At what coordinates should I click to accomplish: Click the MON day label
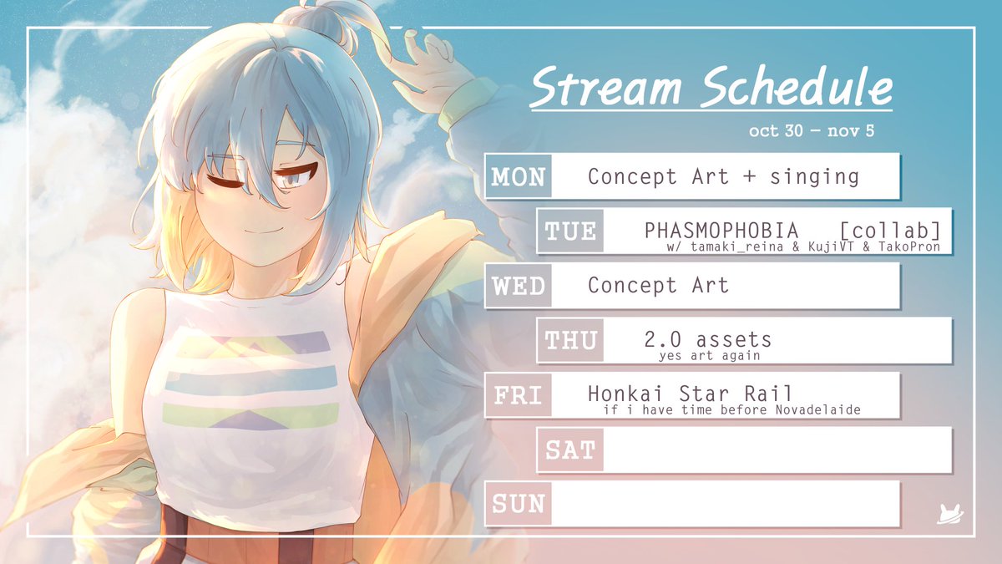pyautogui.click(x=518, y=176)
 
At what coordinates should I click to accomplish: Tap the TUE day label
pyautogui.click(x=570, y=231)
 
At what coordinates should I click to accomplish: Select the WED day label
pyautogui.click(x=518, y=286)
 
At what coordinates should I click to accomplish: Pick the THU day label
pyautogui.click(x=570, y=340)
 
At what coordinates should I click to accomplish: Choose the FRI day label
pyautogui.click(x=518, y=394)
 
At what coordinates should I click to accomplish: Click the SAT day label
pyautogui.click(x=570, y=450)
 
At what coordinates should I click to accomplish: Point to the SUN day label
pyautogui.click(x=518, y=504)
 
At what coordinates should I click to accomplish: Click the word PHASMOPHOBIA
pyautogui.click(x=721, y=230)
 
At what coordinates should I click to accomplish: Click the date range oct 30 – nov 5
pyautogui.click(x=812, y=132)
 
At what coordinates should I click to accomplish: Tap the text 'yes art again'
pyautogui.click(x=709, y=356)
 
